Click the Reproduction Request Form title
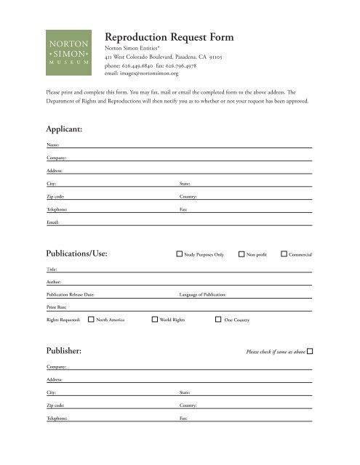pyautogui.click(x=178, y=38)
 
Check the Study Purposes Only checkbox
pyautogui.click(x=180, y=254)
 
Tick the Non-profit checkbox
pyautogui.click(x=241, y=254)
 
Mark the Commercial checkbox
pyautogui.click(x=284, y=254)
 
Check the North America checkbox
pyautogui.click(x=91, y=318)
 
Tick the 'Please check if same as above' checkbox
pyautogui.click(x=311, y=352)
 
